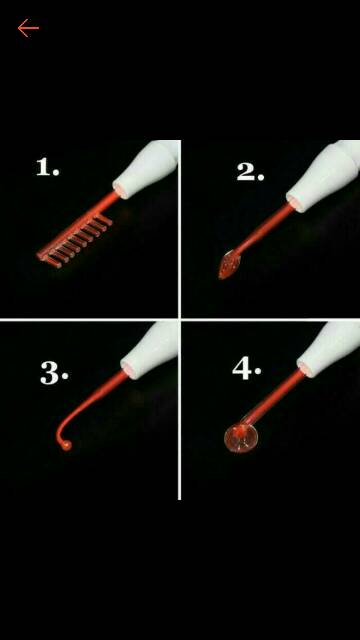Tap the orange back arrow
coord(28,28)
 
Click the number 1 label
coord(47,167)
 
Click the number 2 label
coord(250,172)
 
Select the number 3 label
coord(54,374)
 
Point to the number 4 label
coord(247,369)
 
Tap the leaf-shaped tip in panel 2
coord(227,264)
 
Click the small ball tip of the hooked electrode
coord(66,445)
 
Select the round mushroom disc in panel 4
coord(241,438)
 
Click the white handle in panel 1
coord(146,167)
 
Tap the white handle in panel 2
coord(322,176)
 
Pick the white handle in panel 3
coord(149,350)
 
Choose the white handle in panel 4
coord(328,348)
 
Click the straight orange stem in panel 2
coord(262,229)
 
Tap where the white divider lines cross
coord(180,319)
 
